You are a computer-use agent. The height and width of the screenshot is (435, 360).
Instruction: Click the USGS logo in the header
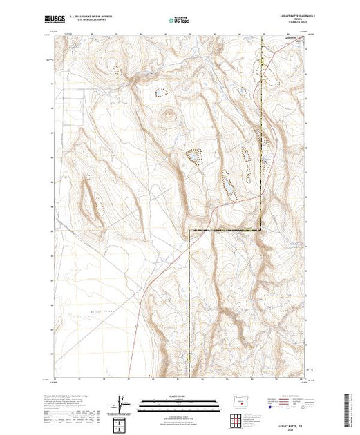tap(55, 21)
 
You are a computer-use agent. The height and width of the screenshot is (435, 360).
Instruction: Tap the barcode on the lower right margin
tap(350, 407)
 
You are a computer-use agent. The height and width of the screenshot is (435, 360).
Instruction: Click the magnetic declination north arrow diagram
tap(122, 404)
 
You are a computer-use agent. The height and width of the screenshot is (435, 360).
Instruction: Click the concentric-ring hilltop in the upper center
tap(167, 115)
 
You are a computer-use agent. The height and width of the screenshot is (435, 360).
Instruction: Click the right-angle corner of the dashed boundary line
tap(189, 231)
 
